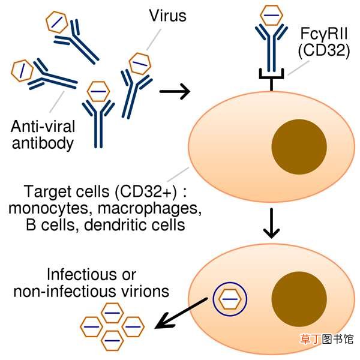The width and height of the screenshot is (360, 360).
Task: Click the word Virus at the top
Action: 167,16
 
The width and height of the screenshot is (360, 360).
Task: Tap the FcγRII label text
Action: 324,34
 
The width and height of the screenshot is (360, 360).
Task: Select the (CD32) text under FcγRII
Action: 324,50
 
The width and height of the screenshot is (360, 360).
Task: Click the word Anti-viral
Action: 43,127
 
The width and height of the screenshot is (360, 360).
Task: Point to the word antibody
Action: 43,143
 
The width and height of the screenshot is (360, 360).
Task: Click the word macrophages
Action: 149,209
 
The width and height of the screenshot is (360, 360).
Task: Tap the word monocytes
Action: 49,209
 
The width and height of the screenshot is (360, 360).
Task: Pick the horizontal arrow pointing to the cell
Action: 175,91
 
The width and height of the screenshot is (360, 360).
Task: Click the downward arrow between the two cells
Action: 271,223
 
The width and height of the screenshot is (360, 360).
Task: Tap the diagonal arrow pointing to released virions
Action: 181,313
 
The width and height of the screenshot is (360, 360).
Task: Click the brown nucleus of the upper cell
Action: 299,147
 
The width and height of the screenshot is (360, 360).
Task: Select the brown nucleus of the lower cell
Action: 299,299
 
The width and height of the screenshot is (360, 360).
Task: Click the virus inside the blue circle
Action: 230,299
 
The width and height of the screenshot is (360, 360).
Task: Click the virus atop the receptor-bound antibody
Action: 271,15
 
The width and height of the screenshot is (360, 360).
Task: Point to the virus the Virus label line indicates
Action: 140,64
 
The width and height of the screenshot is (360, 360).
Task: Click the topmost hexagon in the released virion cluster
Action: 112,313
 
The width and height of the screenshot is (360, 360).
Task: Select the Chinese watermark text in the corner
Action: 326,339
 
